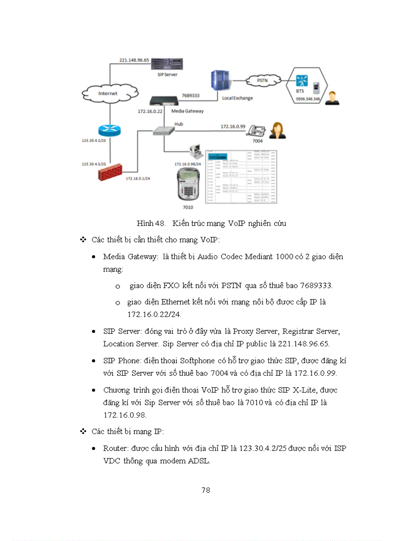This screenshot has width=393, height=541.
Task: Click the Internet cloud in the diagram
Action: point(109,92)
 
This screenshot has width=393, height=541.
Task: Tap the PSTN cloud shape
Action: point(262,80)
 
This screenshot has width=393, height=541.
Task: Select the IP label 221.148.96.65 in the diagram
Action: point(134,60)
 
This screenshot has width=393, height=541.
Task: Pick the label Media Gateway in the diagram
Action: point(188,111)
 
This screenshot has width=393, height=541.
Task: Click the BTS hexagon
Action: point(307,85)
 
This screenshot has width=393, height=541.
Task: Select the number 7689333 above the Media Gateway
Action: point(191,96)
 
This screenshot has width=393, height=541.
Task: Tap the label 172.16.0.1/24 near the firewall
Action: point(138,178)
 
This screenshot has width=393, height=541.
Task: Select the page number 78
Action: point(206,490)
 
